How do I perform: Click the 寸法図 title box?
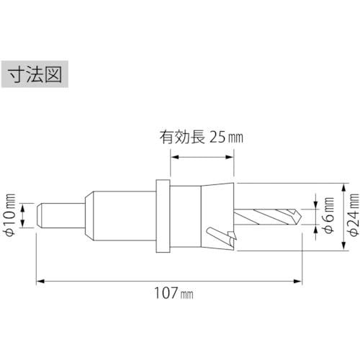click(x=36, y=75)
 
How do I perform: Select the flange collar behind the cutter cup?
click(x=163, y=215)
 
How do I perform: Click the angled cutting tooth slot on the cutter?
click(x=216, y=234)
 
